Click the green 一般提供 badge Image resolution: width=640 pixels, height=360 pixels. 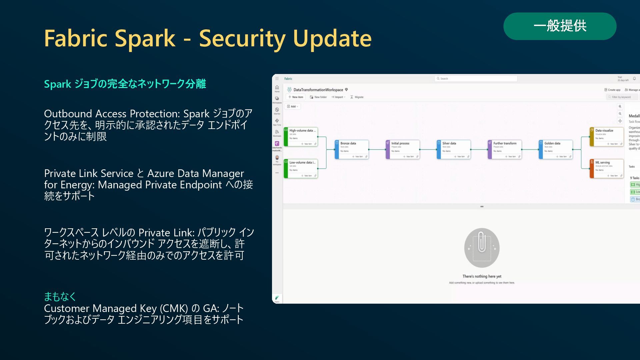(x=560, y=26)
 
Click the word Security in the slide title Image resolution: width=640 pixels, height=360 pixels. (x=242, y=38)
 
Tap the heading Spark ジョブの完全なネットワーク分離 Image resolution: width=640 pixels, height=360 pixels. (x=125, y=84)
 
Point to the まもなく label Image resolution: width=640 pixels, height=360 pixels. (x=60, y=296)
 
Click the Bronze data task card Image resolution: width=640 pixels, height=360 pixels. (x=352, y=149)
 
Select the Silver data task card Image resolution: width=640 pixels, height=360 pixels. (x=454, y=149)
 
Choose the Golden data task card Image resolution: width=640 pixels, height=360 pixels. (x=556, y=149)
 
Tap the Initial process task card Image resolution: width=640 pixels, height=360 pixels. (x=403, y=149)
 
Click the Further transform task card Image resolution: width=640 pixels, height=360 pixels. (x=505, y=149)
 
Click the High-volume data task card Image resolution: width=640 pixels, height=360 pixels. (x=301, y=137)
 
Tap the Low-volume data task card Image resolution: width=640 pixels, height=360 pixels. (x=301, y=169)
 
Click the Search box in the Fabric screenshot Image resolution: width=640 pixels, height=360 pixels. (x=476, y=79)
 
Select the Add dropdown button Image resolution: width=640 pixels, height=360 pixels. (x=293, y=106)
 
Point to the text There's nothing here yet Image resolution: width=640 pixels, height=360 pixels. (x=482, y=276)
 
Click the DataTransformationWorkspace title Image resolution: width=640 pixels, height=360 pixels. (x=318, y=90)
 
